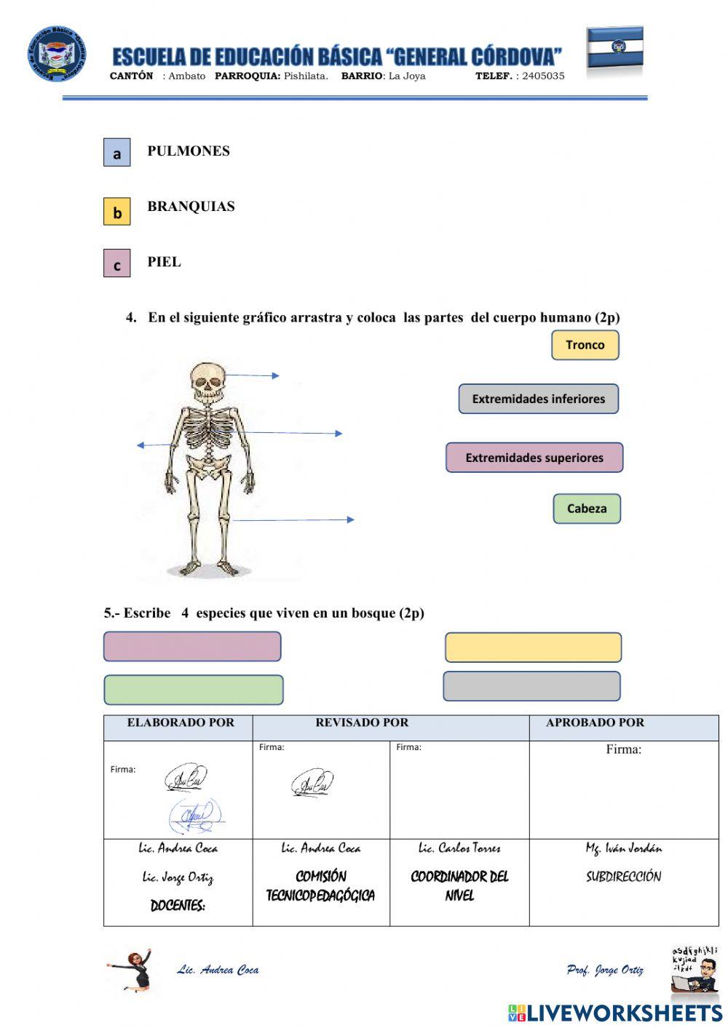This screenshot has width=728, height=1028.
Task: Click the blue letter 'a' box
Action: coord(116,153)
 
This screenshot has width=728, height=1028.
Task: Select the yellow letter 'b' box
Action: coord(116,212)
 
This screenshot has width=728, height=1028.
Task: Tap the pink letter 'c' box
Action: coord(116,264)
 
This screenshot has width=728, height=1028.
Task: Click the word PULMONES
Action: coord(189,151)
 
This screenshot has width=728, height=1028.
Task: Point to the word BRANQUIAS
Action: coord(191,207)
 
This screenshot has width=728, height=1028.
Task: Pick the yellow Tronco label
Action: coord(585,345)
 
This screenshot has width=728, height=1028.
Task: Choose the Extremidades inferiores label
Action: coord(538,399)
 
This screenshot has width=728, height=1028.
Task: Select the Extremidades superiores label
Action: coord(534,458)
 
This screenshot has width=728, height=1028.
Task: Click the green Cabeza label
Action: coord(586,509)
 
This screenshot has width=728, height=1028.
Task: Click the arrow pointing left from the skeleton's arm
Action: coord(154,445)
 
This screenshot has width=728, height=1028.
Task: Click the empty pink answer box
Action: coord(192,646)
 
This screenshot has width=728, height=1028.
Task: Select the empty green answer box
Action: coord(194,690)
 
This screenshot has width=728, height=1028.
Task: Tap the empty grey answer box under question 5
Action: coord(531,686)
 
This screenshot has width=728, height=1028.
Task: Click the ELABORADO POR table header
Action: coord(181,723)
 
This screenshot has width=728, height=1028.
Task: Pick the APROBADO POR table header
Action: coord(595,723)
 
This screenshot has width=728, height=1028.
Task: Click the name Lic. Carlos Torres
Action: coord(459,848)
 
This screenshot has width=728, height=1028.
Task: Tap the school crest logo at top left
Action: coord(57,55)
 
